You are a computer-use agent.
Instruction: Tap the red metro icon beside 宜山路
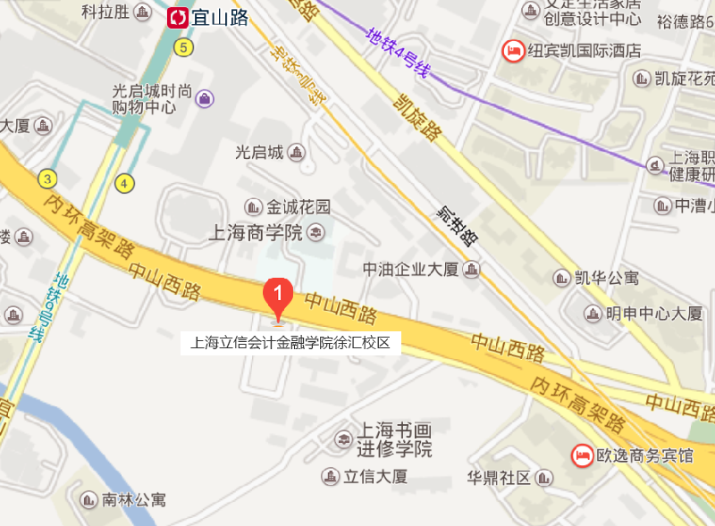(179, 17)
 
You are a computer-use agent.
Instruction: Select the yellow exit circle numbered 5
(184, 47)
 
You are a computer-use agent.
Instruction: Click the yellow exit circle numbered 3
(46, 179)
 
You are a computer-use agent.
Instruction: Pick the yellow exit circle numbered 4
(125, 183)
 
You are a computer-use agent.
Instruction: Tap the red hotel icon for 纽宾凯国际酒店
(514, 50)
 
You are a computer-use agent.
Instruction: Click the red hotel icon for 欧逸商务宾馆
(582, 455)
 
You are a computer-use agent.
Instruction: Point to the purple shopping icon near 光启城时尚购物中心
(205, 97)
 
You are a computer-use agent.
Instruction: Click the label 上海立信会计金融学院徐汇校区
(291, 342)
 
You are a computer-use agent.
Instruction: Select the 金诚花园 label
(299, 206)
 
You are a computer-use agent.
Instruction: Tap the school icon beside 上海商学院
(315, 233)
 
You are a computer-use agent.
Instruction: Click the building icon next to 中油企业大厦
(471, 269)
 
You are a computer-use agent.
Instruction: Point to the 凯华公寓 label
(609, 278)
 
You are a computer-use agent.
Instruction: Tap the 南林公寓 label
(134, 499)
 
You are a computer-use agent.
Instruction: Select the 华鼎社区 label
(499, 476)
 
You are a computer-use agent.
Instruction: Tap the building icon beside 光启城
(297, 154)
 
